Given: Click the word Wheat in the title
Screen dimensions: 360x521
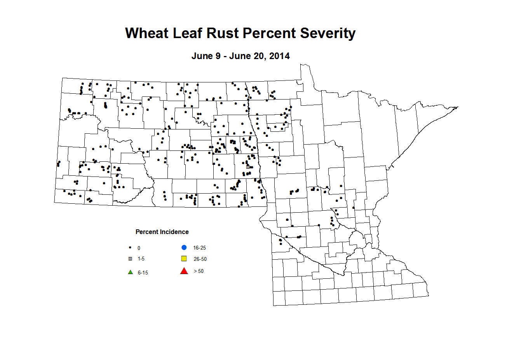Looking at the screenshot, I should tap(147, 33).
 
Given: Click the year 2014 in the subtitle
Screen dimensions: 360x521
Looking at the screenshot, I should tap(279, 56).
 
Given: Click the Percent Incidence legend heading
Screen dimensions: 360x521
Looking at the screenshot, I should tap(162, 232).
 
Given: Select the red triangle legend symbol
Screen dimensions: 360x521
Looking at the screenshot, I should tap(184, 271).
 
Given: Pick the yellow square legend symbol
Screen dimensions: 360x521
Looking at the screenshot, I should tap(184, 259).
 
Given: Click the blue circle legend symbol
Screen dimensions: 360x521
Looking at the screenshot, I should tap(184, 248).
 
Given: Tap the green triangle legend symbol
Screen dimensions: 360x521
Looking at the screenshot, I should tap(131, 272).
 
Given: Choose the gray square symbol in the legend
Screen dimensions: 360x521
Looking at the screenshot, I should tap(131, 259).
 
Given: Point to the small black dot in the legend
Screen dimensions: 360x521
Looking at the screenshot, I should tap(130, 248).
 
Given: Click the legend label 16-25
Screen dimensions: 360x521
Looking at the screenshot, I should tap(200, 248).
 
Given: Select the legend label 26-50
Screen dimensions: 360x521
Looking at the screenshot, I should tap(200, 259).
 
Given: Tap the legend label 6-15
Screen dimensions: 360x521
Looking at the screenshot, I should tap(143, 273).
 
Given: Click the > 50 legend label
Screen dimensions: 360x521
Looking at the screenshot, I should tap(199, 271).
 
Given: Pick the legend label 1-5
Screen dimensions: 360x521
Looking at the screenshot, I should tap(141, 259).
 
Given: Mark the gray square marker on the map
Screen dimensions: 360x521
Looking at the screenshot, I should tap(248, 167).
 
